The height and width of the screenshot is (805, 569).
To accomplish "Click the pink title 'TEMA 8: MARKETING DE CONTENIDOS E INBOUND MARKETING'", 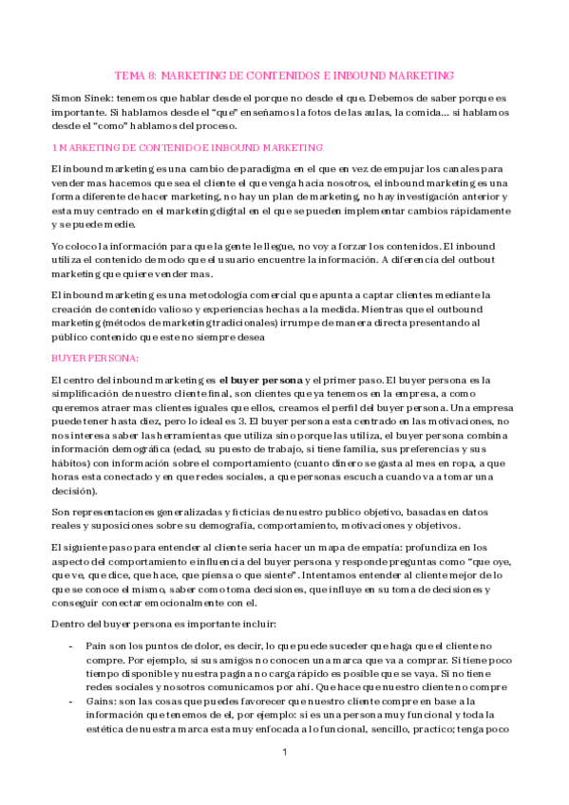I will coord(284,75).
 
